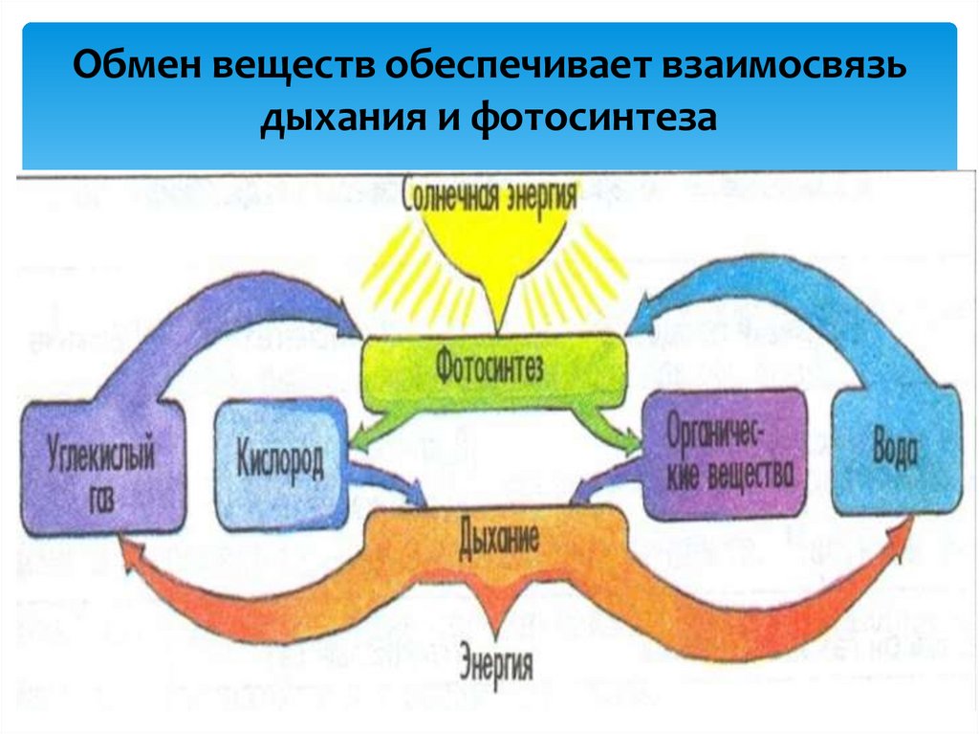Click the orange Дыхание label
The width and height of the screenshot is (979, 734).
[498, 537]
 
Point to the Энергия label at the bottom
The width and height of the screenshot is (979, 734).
[496, 661]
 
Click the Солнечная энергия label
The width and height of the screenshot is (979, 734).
[490, 196]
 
